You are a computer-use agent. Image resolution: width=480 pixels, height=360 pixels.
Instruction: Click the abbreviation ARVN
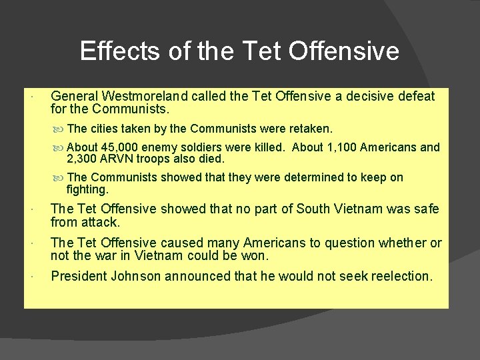click(x=120, y=159)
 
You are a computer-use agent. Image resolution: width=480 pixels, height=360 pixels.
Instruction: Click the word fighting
click(x=87, y=189)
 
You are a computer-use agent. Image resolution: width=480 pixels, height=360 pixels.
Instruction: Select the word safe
click(x=425, y=209)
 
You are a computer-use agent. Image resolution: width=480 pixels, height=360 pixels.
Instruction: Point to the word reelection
click(x=399, y=276)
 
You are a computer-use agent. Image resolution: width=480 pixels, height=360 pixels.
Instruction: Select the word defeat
click(x=418, y=97)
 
